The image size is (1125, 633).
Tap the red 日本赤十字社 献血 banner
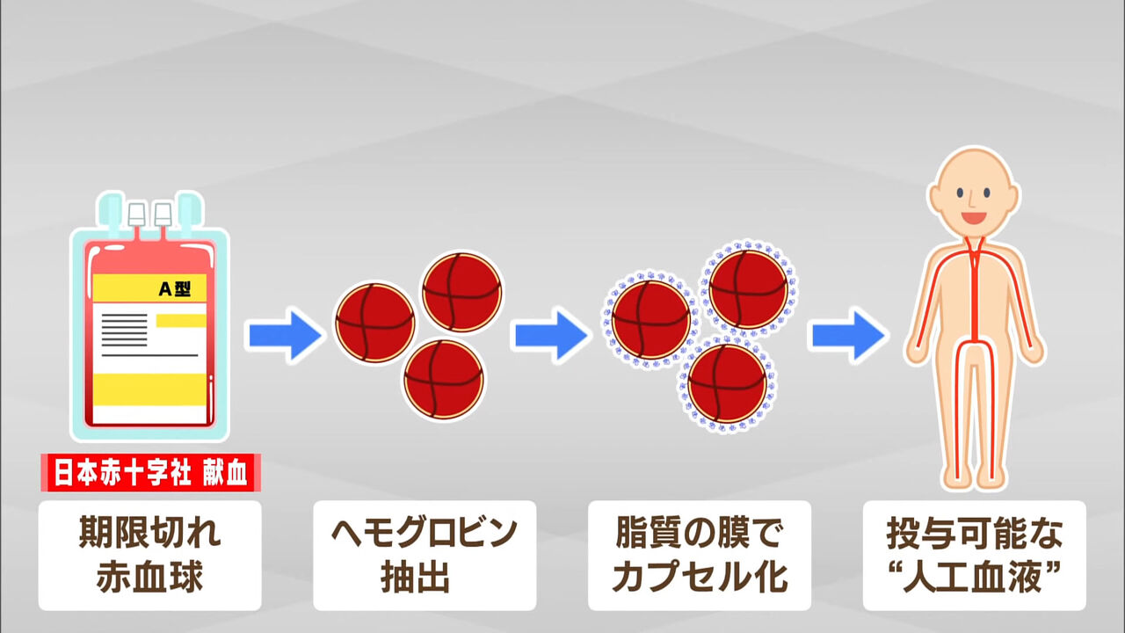click(x=149, y=474)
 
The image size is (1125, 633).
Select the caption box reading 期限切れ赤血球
click(x=149, y=556)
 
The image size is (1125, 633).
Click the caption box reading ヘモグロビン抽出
click(x=425, y=556)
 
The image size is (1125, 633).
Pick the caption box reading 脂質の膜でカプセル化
click(x=700, y=556)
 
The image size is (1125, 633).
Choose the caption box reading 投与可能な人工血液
click(x=975, y=556)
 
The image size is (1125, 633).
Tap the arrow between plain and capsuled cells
click(x=552, y=335)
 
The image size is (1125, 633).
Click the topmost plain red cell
click(x=462, y=292)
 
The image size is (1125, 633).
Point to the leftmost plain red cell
click(x=375, y=323)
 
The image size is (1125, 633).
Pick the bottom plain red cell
click(x=444, y=379)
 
